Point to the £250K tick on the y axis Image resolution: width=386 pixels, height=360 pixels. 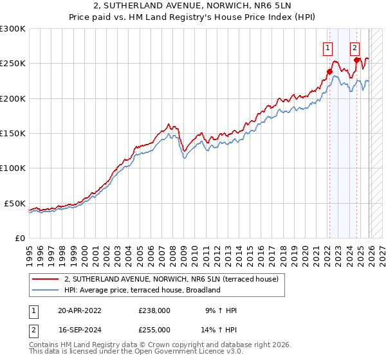[13, 64]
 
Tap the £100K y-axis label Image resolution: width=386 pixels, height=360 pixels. [13, 168]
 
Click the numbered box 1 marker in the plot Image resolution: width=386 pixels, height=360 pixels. [328, 47]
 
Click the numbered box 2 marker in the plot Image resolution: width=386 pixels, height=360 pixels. [354, 47]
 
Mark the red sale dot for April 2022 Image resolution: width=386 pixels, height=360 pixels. [329, 72]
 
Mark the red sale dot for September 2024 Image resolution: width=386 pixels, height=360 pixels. [356, 60]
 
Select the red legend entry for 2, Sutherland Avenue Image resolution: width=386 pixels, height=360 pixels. [170, 279]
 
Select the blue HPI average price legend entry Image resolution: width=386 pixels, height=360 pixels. [142, 290]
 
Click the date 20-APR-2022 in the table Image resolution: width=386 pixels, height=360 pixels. [79, 310]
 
